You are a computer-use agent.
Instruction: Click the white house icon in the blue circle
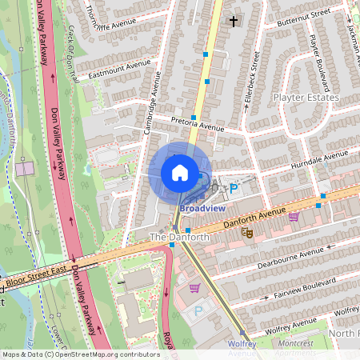[x=180, y=173]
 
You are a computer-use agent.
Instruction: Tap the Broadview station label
[x=202, y=208]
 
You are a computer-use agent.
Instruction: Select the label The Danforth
[x=180, y=238]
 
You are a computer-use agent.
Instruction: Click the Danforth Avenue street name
[x=254, y=214]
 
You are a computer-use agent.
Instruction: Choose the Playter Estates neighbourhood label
[x=306, y=98]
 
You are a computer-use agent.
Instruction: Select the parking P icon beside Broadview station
[x=234, y=189]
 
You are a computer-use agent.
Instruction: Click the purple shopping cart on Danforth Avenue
[x=294, y=216]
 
